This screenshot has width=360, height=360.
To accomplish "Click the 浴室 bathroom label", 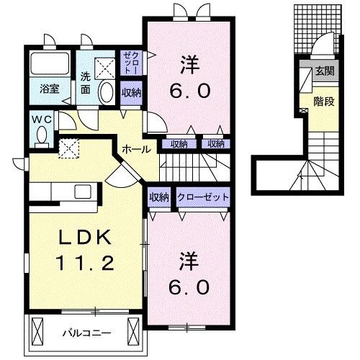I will [49, 90].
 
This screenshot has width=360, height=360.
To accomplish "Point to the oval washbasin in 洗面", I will [107, 92].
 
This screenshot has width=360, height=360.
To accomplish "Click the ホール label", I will [136, 149].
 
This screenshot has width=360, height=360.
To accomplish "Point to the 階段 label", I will [324, 102].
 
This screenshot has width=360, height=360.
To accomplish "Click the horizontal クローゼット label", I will [204, 197].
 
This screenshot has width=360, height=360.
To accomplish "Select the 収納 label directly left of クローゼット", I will [159, 197].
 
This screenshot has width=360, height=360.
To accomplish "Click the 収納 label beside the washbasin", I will [130, 92].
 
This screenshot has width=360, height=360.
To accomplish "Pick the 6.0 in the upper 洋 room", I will [190, 91].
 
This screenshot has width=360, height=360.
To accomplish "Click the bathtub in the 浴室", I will [50, 66].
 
